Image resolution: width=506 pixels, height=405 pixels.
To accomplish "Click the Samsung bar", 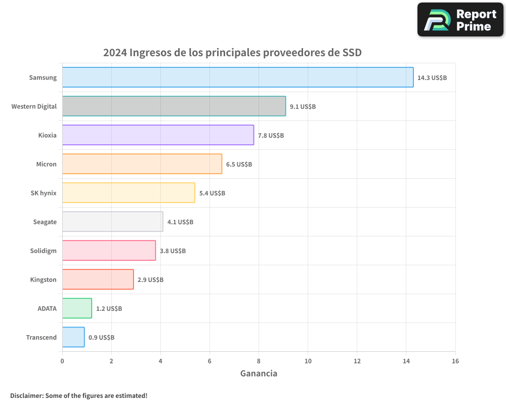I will tap(238, 77).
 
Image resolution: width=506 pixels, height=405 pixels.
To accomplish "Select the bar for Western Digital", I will tap(174, 106).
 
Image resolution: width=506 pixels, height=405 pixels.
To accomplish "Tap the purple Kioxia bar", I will tap(158, 135).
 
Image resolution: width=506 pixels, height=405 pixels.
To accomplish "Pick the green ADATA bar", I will tap(77, 308).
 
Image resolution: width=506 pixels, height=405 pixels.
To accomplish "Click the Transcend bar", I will tap(73, 337).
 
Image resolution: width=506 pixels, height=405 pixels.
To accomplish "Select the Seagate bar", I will tap(112, 222).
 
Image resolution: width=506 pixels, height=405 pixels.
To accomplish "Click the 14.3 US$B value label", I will tap(432, 77).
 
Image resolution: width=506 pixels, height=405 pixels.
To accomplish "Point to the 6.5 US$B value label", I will tap(239, 164).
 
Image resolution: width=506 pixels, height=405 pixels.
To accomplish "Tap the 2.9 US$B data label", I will tap(150, 279).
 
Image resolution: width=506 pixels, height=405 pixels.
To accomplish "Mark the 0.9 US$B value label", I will tap(101, 337).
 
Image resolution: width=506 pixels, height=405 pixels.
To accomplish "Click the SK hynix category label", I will tap(44, 193).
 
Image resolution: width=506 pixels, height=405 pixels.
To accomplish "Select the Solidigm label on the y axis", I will tap(44, 251).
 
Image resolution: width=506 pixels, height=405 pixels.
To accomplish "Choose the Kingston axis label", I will tap(43, 279).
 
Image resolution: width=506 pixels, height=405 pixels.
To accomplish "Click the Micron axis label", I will tap(46, 164).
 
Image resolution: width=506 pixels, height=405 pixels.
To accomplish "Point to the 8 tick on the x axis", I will tap(259, 361).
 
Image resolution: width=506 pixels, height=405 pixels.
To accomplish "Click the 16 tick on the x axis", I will tap(455, 361).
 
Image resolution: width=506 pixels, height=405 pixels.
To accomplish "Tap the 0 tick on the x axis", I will tap(62, 361).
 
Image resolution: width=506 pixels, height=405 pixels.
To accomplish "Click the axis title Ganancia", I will tap(259, 374).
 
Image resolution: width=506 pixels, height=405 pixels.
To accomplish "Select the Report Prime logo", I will tap(460, 20).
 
